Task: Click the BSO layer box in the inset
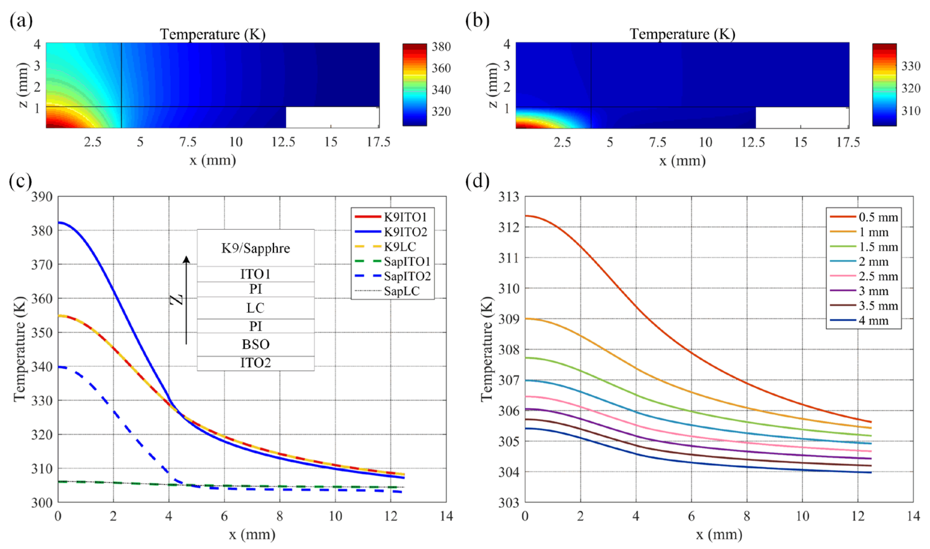(x=255, y=344)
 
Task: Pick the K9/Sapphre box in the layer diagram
(x=255, y=248)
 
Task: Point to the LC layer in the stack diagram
(x=255, y=308)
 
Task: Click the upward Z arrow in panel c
(x=186, y=300)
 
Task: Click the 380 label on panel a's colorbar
(x=441, y=47)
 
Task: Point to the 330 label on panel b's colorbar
(x=911, y=66)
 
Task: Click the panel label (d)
(x=477, y=181)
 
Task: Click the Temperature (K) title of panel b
(x=682, y=34)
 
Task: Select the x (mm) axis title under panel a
(x=212, y=160)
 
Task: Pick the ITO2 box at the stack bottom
(x=255, y=363)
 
